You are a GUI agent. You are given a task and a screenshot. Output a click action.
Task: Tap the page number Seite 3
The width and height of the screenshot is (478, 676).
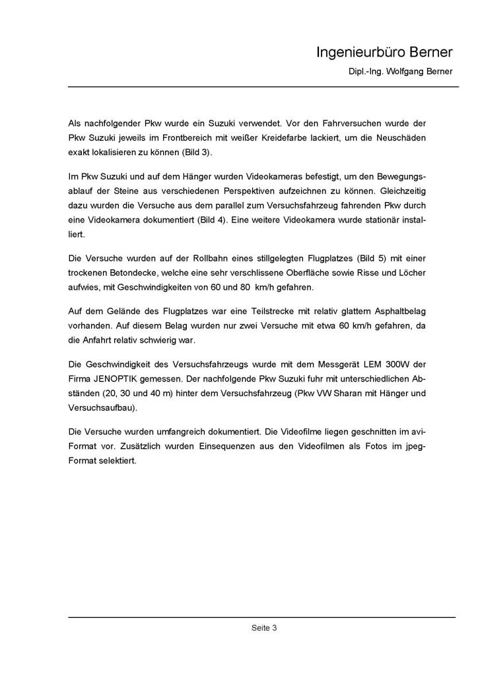pyautogui.click(x=263, y=628)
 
